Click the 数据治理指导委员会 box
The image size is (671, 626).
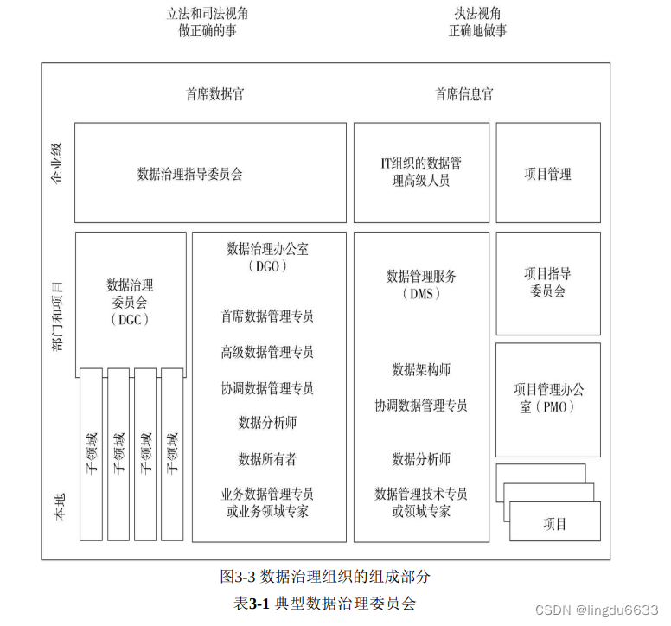point(190,174)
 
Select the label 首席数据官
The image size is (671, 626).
point(215,94)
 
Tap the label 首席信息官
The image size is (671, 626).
point(464,94)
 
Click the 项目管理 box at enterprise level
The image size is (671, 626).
point(547,174)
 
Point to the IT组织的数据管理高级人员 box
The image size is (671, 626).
point(421,172)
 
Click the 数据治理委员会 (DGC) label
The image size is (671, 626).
point(131,301)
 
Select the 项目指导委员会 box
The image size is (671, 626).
point(547,283)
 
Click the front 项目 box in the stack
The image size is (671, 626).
point(554,523)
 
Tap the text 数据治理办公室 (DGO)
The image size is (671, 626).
point(267,257)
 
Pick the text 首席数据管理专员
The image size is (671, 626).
point(267,316)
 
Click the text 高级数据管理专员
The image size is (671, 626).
point(267,352)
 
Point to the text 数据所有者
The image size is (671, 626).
point(267,458)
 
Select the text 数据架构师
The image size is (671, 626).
point(421,369)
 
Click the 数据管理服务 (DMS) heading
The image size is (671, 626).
point(421,284)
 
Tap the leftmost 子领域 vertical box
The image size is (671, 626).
point(92,454)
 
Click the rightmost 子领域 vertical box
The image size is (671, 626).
point(172,454)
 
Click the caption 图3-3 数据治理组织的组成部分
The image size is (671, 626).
point(325,575)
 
